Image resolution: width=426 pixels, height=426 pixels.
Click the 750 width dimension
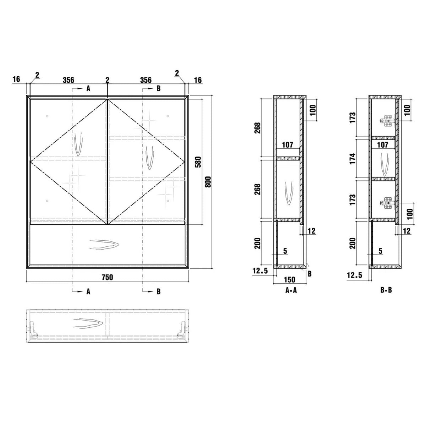coord(108,277)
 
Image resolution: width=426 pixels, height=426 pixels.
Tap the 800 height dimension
coord(208,182)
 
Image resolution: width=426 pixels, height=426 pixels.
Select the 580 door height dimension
coord(198,162)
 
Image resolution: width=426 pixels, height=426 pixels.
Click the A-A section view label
coord(291,290)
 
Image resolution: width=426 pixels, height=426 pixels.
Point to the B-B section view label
coord(386,290)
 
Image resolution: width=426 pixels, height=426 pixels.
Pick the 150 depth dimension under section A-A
coord(290,280)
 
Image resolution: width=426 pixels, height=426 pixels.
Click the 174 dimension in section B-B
coord(353,158)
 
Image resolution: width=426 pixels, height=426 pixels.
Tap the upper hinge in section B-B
coord(387,121)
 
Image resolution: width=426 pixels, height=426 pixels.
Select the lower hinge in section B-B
coord(387,203)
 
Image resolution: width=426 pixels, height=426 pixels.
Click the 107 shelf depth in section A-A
coord(288,145)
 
